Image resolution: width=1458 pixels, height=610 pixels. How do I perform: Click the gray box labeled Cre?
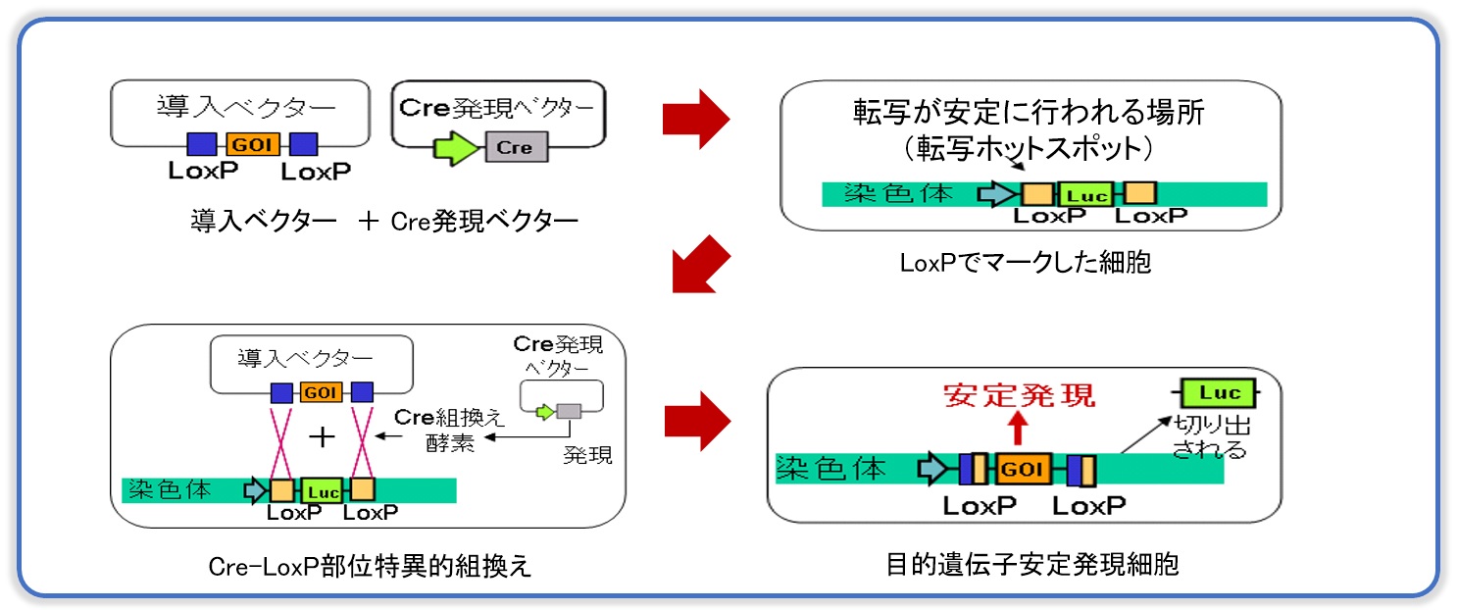click(516, 147)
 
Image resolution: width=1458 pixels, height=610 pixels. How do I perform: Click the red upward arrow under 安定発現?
click(1019, 429)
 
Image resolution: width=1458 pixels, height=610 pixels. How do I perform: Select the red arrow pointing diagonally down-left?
click(701, 266)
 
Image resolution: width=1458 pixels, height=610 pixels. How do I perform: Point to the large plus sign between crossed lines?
click(323, 436)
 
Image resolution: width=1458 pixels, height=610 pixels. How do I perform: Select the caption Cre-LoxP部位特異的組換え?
click(370, 566)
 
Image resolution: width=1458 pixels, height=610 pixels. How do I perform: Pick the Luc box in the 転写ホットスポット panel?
click(1087, 194)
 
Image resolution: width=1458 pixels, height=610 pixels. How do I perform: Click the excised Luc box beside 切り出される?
click(1220, 393)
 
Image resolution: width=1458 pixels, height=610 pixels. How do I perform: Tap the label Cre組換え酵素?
click(450, 430)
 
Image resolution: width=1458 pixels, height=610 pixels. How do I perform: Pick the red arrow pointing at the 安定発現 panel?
click(697, 421)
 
